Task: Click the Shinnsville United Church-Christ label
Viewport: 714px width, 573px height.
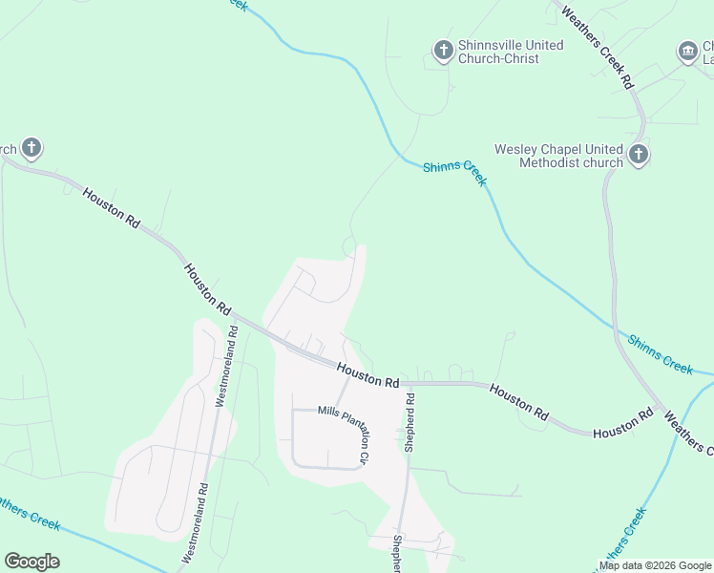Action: point(511,52)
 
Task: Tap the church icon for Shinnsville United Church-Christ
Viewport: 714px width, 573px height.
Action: point(443,50)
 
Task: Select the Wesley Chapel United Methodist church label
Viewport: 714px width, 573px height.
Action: point(558,156)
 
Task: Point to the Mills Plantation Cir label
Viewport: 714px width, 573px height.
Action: point(344,431)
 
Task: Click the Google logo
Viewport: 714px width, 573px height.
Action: point(31,562)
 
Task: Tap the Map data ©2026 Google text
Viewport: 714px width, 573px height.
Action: point(655,565)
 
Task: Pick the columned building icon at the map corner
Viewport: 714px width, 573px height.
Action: point(687,51)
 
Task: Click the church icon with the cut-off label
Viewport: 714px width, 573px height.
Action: point(31,148)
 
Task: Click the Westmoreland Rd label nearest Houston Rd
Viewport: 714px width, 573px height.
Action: point(226,367)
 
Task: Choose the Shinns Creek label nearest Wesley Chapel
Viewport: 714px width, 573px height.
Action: point(455,173)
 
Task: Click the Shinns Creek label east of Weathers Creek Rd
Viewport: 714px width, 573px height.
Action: point(661,352)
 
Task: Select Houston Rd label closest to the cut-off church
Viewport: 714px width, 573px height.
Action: point(111,207)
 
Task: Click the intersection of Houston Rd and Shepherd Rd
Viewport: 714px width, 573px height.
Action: point(408,384)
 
